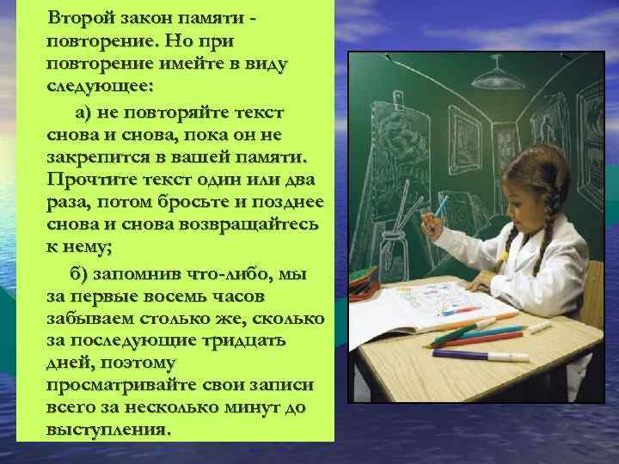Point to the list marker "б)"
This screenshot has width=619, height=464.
pos(81,273)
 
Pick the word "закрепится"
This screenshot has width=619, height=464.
pos(95,158)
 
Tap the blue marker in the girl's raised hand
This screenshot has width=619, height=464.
pos(441,206)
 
